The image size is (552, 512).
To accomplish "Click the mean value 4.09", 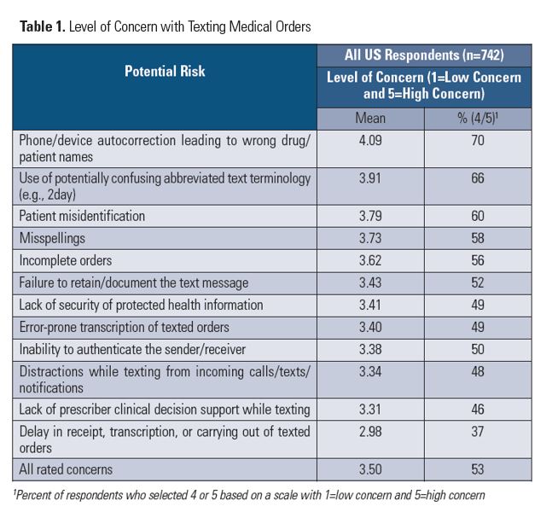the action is coord(370,141).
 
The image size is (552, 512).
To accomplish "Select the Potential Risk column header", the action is coord(165,71).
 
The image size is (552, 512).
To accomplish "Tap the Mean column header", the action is coord(370,118).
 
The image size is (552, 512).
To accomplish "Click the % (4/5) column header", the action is coord(478,118).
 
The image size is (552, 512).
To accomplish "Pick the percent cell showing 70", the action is coord(478,141).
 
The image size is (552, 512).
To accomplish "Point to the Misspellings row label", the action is coord(52,238).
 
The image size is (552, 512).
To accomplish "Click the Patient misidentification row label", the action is coord(82,216).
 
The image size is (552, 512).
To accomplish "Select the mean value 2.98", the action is coord(370,432).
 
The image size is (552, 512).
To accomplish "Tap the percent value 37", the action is coord(478,432).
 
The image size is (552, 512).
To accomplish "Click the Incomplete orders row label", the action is coord(66,260).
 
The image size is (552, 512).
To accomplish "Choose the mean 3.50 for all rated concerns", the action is coord(370,469).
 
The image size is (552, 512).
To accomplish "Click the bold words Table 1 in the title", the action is coord(43,26).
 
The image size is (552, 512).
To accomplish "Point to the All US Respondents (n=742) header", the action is coord(424,55).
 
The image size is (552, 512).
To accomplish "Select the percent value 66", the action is coord(478,178).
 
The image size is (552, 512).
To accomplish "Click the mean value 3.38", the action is coord(370,349).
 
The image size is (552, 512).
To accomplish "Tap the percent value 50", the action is coord(478,349).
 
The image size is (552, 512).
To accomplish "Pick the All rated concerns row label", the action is coord(66,469).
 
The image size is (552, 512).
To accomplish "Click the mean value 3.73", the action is coord(370,238).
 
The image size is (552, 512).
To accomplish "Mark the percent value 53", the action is coord(478,469).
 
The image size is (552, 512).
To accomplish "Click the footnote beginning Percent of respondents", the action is coord(249,496).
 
